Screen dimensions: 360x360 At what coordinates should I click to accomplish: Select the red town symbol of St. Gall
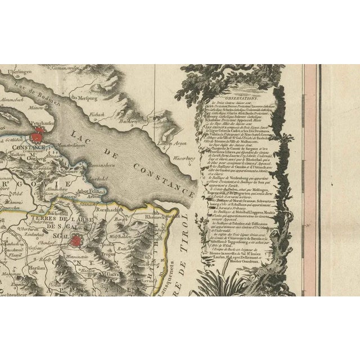[x=76, y=241]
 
